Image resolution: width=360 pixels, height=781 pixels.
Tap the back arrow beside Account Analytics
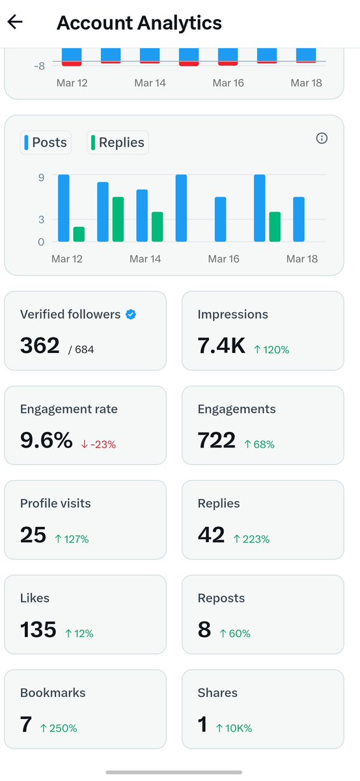[x=15, y=22]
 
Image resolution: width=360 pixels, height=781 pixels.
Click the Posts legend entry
[x=45, y=143]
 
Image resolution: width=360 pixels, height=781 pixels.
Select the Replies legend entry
[x=118, y=143]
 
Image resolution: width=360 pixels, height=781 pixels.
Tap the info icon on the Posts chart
[x=322, y=138]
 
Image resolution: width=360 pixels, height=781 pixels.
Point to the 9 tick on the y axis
[x=41, y=177]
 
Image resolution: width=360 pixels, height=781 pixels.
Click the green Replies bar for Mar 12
[x=79, y=234]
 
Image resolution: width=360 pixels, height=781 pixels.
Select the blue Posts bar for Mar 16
[x=221, y=220]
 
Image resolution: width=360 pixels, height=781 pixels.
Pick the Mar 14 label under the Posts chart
[x=145, y=259]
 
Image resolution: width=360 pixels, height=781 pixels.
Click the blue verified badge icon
[x=131, y=315]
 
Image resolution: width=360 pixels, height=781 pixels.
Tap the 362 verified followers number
[x=40, y=346]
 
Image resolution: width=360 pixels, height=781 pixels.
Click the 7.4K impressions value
[x=221, y=346]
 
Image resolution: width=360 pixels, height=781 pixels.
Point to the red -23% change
[x=98, y=444]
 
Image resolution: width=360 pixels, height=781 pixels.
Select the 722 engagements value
[x=216, y=441]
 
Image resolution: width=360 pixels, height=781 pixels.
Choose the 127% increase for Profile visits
[x=72, y=539]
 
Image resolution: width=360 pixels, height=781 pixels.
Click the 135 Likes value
[x=38, y=630]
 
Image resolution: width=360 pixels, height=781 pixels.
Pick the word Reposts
[x=221, y=598]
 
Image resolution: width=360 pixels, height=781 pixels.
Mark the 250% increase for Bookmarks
[x=59, y=728]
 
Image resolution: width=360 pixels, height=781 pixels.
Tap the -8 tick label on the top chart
[x=39, y=65]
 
